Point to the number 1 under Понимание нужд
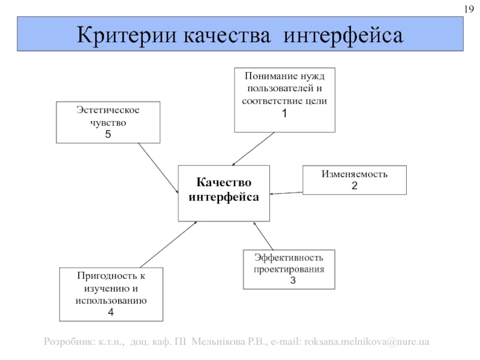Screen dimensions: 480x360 [x=284, y=113]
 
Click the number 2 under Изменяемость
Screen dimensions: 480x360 [x=354, y=186]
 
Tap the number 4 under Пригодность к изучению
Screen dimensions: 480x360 [x=111, y=312]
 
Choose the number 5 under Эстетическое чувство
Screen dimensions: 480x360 [x=108, y=134]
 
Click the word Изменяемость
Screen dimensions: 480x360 [x=354, y=174]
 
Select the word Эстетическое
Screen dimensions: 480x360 [x=108, y=112]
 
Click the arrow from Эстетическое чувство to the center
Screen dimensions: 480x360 [x=158, y=167]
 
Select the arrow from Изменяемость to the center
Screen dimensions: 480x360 [x=287, y=193]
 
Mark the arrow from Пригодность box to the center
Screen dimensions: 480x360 [x=168, y=244]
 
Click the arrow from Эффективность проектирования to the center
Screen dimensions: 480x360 [x=263, y=236]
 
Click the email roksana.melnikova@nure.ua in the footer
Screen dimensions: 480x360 [x=367, y=342]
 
